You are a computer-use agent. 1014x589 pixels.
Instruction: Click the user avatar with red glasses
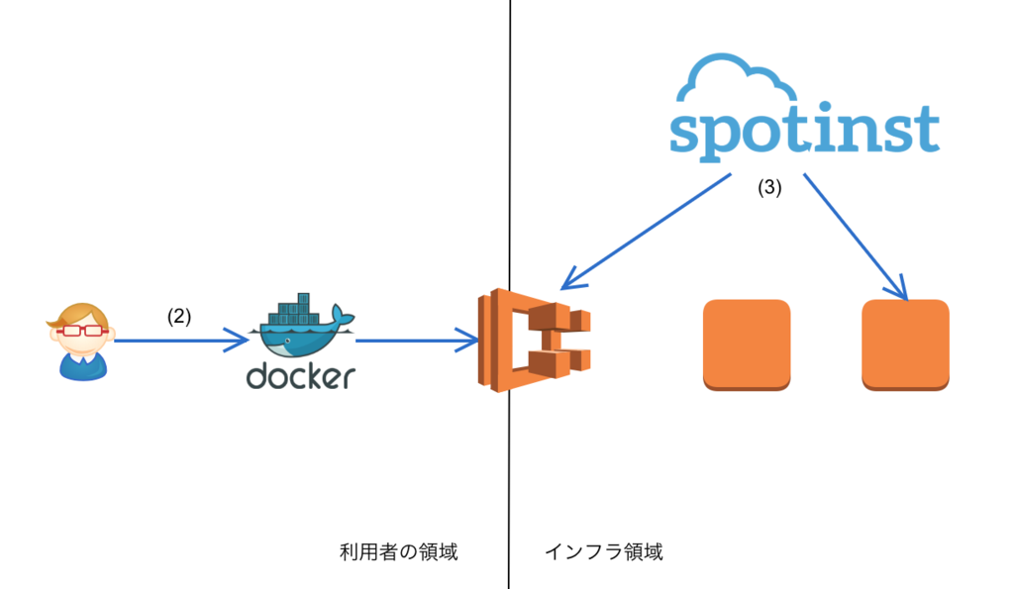click(81, 342)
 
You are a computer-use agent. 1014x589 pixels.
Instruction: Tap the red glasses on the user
click(81, 331)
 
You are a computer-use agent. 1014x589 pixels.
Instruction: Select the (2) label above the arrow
click(179, 316)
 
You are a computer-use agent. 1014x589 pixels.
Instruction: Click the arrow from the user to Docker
click(181, 341)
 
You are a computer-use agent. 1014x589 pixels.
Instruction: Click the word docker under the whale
click(301, 376)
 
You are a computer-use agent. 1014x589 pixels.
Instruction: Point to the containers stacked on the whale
click(294, 311)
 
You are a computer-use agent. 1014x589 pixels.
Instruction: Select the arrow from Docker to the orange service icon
click(417, 341)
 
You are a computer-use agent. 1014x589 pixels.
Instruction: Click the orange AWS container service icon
click(534, 341)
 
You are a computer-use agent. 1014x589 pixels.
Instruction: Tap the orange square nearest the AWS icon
click(747, 344)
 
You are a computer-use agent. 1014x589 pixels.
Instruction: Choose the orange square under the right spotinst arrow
click(905, 344)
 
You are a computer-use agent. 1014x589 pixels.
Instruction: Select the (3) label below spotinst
click(769, 187)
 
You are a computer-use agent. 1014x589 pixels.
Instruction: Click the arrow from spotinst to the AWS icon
click(646, 231)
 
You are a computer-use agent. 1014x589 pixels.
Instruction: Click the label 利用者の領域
click(399, 552)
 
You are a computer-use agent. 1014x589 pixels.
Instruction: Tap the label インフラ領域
click(604, 552)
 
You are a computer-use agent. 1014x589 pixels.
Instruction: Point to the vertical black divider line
click(510, 294)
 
